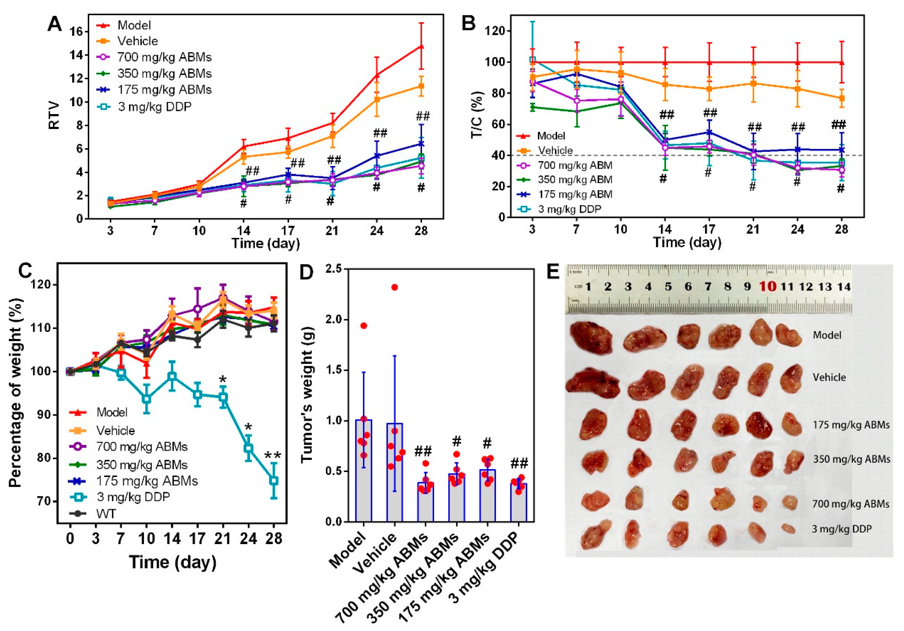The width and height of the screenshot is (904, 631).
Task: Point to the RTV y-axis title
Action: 54,115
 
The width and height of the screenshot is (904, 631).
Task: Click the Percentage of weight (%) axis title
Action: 16,393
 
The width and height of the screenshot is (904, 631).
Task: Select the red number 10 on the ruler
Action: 767,286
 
